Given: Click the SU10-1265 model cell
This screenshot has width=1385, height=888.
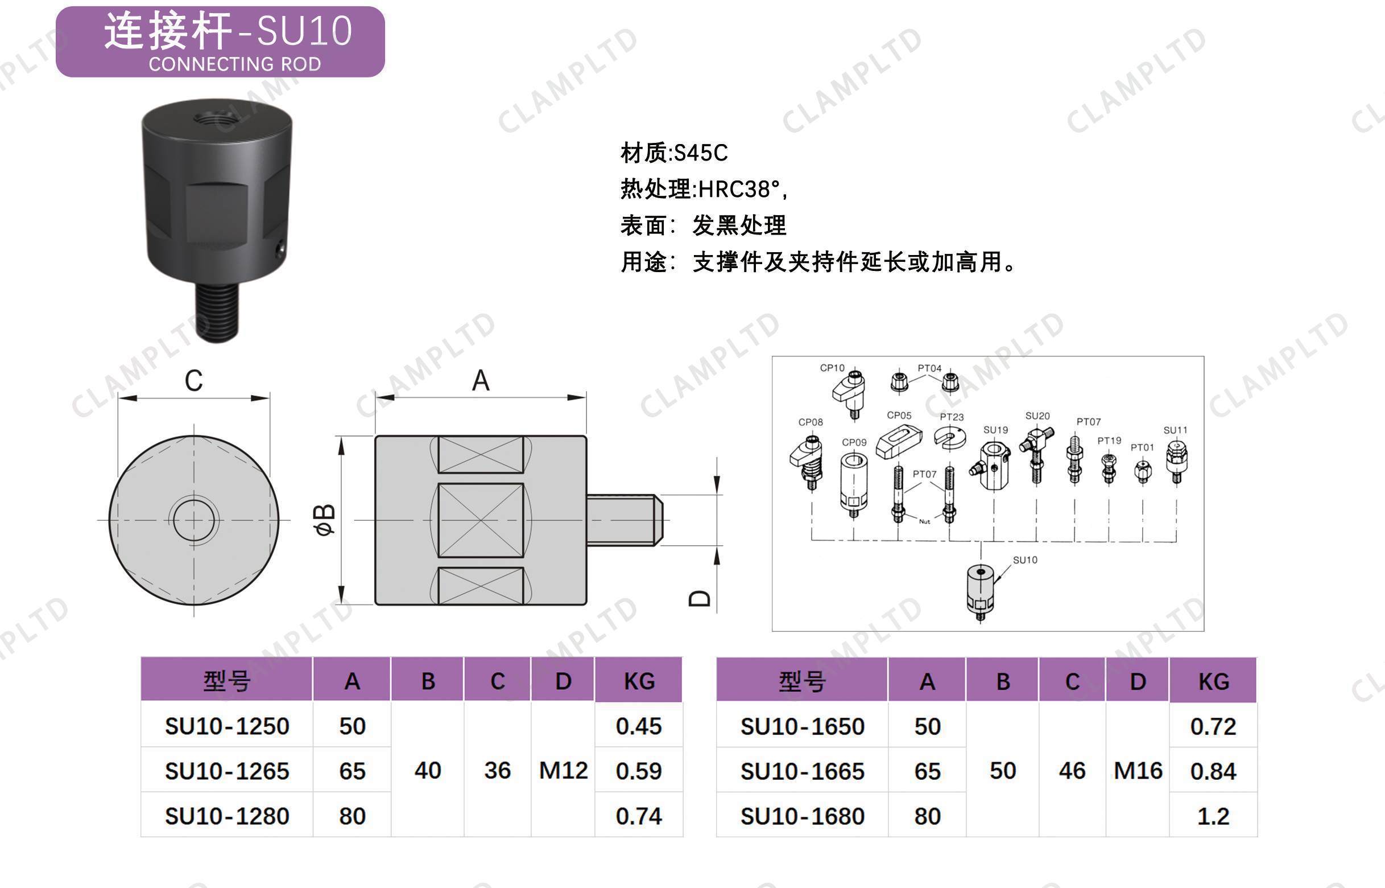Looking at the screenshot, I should tap(227, 771).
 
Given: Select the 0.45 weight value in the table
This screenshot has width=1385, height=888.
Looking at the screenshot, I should tap(638, 726).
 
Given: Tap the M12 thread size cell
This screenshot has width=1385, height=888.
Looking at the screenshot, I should tap(563, 770).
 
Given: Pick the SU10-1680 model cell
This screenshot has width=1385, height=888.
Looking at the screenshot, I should tap(802, 816).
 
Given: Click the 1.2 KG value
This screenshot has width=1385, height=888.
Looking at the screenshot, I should tap(1213, 816).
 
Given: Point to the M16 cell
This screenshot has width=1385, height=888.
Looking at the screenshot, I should tap(1138, 770).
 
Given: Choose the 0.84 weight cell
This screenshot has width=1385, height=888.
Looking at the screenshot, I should tap(1213, 771).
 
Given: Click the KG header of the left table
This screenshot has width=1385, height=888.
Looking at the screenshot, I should tap(639, 681).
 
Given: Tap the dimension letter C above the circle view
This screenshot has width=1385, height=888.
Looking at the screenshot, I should tap(193, 381).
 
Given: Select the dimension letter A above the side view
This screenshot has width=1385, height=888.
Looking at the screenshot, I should tap(481, 381).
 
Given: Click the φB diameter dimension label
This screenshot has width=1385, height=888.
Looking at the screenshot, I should tap(325, 520).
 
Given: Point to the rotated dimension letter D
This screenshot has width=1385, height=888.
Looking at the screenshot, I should tap(700, 598).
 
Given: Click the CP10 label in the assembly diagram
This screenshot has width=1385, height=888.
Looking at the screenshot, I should tap(832, 368).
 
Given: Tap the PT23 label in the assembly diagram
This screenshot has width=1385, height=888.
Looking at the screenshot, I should tap(951, 417).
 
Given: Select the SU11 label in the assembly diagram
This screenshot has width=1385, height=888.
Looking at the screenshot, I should tap(1175, 430).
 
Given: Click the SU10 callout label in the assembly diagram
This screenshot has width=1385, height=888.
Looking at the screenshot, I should tap(1025, 560).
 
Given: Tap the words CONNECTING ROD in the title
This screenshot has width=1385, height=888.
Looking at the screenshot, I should tap(235, 63).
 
